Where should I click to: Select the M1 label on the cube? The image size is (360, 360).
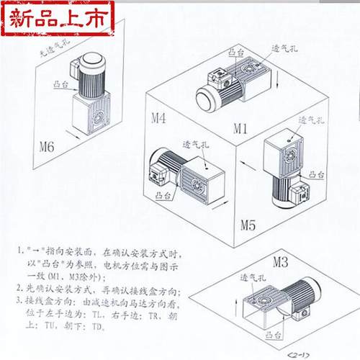point(240,129)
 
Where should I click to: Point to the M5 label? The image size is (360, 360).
point(249,223)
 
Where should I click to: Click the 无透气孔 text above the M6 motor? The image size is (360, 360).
point(53,51)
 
